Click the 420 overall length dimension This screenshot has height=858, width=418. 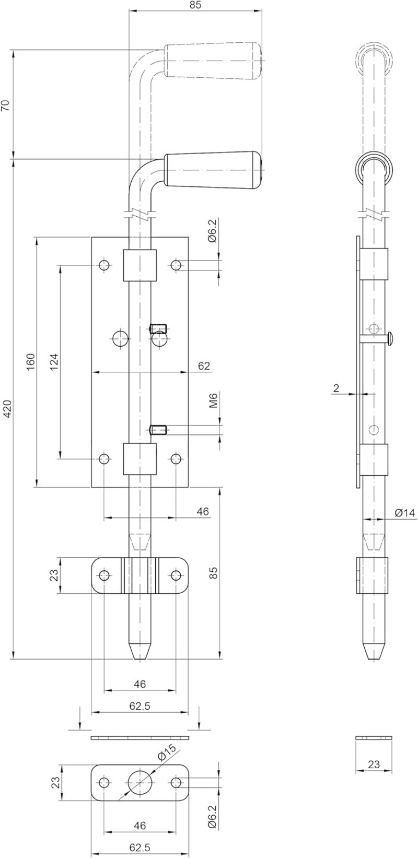tap(8, 410)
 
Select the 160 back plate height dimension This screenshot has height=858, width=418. tap(31, 361)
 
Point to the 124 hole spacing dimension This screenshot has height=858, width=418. tap(54, 361)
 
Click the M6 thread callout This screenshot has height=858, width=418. tap(213, 400)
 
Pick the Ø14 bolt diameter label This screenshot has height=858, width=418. tap(404, 513)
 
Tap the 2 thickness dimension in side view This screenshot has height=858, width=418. tap(336, 389)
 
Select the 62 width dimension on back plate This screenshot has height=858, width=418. tap(204, 366)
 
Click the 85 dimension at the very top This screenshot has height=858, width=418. tap(195, 5)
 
